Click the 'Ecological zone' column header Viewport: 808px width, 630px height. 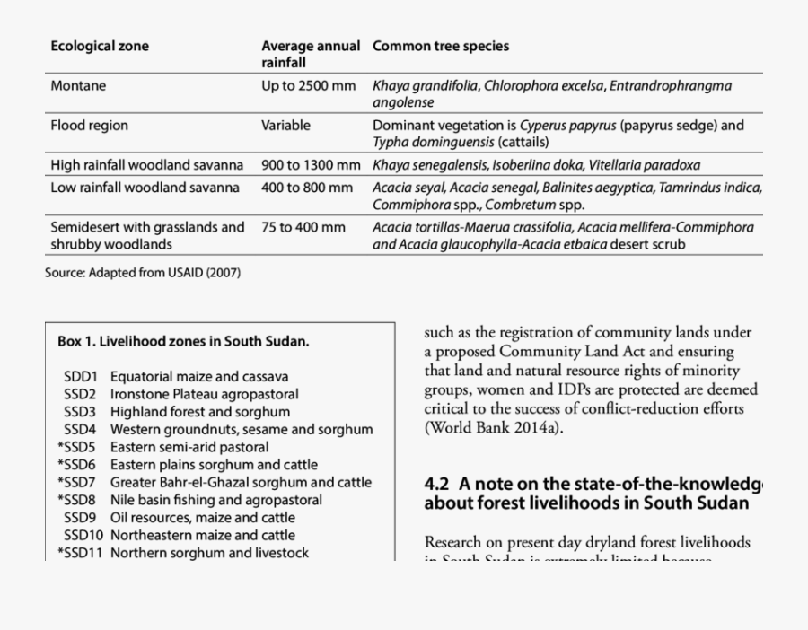pyautogui.click(x=100, y=46)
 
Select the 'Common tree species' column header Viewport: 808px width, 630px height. pyautogui.click(x=441, y=46)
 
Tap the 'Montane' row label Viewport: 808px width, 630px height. pyautogui.click(x=78, y=86)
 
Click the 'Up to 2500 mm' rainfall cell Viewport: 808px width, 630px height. pyautogui.click(x=309, y=86)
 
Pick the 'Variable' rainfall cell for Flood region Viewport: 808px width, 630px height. pyautogui.click(x=285, y=126)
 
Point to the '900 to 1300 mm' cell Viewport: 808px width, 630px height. pyautogui.click(x=311, y=165)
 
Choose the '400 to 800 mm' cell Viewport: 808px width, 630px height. pyautogui.click(x=307, y=188)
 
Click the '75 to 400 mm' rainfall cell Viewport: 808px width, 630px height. pyautogui.click(x=303, y=227)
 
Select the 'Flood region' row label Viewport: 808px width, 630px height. pyautogui.click(x=90, y=126)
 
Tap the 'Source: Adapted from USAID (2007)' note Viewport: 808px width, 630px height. pyautogui.click(x=143, y=272)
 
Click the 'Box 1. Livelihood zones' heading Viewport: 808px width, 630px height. pyautogui.click(x=183, y=341)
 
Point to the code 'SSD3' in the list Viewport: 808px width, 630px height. pyautogui.click(x=80, y=412)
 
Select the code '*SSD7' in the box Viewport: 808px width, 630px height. pyautogui.click(x=76, y=482)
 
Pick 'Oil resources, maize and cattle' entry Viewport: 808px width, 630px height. pyautogui.click(x=202, y=517)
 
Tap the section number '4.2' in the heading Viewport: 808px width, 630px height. pyautogui.click(x=438, y=484)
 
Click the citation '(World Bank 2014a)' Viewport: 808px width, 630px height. pyautogui.click(x=494, y=427)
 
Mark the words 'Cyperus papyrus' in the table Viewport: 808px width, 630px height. pyautogui.click(x=567, y=126)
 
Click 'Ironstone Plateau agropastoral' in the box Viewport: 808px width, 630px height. pyautogui.click(x=205, y=394)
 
